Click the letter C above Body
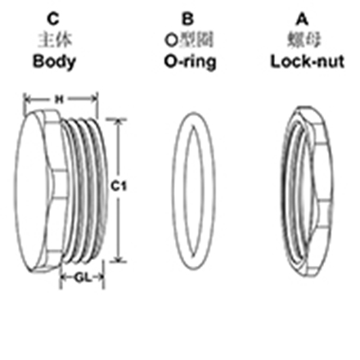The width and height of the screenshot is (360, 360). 53,19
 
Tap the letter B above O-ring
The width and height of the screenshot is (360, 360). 188,19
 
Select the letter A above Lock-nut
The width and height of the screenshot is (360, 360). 303,19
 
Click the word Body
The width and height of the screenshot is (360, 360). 54,62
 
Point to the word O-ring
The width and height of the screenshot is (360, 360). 190,62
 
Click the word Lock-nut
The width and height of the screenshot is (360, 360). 307,62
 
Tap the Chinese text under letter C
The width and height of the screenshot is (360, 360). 55,40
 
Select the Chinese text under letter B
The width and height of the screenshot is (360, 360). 189,40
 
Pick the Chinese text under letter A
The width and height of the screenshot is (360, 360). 304,40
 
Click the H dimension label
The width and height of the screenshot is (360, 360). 59,99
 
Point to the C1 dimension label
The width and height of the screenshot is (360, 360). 119,187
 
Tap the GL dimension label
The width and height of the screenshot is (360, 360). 83,278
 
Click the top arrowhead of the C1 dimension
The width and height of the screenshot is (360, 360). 118,123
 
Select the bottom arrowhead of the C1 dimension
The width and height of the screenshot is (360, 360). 118,259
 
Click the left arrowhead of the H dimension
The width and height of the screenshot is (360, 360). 28,99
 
